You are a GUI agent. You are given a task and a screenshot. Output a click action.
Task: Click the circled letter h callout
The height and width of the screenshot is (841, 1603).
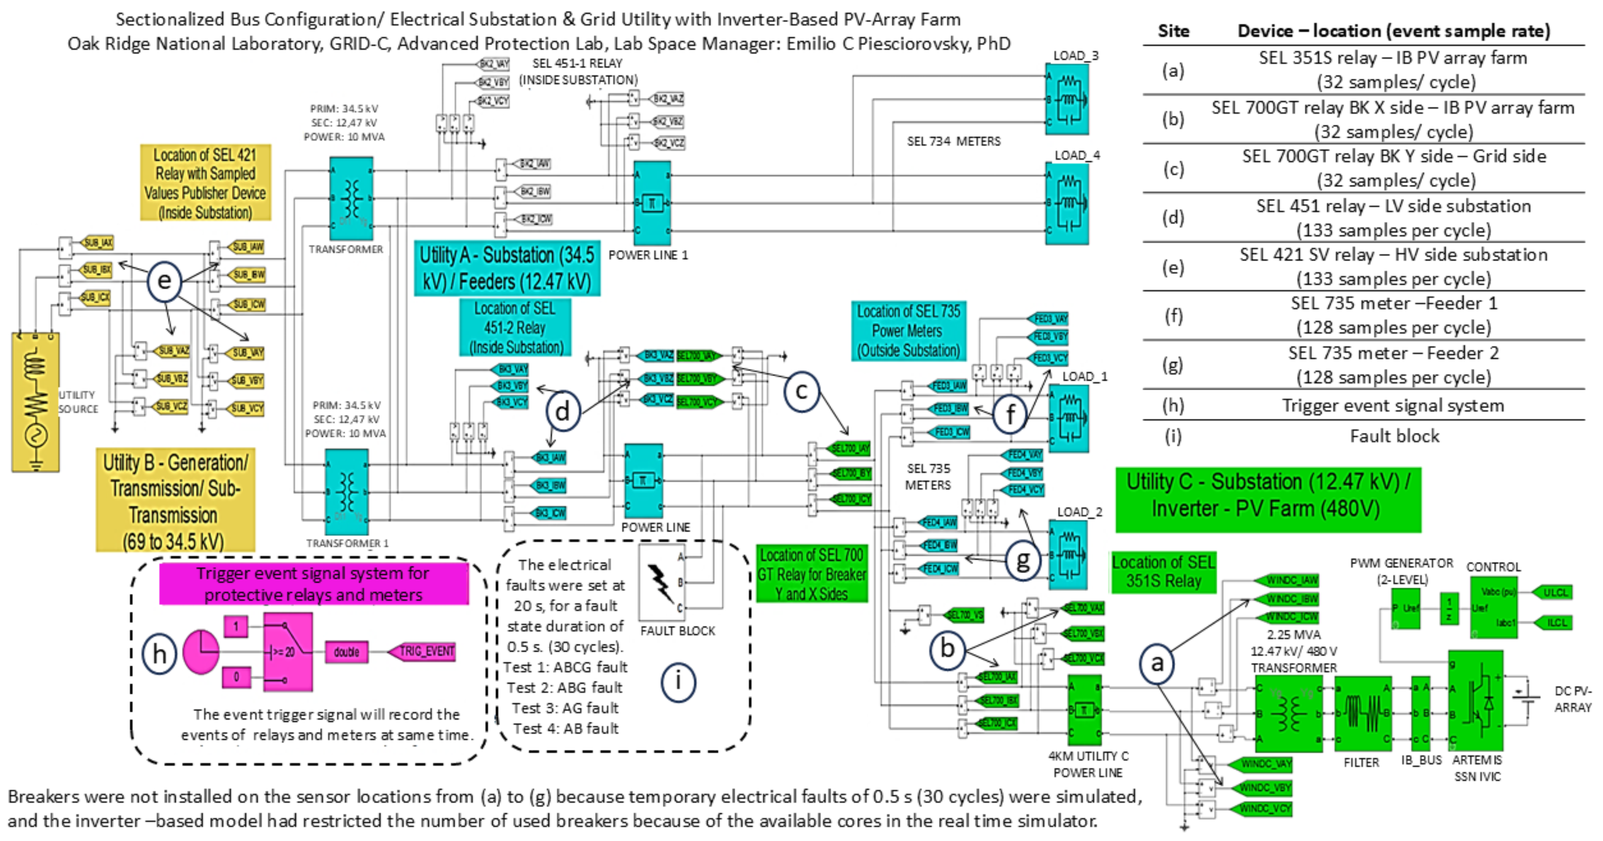tap(159, 654)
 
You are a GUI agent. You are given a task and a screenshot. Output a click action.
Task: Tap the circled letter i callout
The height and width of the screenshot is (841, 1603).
tap(678, 682)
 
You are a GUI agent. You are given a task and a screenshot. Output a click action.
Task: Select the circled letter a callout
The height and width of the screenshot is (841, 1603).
tap(1157, 663)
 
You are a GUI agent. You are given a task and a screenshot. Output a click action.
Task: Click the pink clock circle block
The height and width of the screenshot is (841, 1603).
tap(201, 652)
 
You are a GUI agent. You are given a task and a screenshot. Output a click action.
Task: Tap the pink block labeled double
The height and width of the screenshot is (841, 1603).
tap(346, 652)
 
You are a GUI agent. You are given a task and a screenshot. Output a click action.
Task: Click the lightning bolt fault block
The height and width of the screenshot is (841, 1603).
tap(662, 583)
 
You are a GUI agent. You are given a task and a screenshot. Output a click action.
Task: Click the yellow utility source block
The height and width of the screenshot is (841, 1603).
tap(35, 402)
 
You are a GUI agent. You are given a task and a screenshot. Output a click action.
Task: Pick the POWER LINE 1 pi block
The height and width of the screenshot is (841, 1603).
tap(651, 203)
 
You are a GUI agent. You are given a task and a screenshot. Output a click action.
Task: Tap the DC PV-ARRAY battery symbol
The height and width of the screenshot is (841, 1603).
tap(1527, 700)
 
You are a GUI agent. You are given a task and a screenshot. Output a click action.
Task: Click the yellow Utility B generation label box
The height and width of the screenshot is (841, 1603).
tap(175, 500)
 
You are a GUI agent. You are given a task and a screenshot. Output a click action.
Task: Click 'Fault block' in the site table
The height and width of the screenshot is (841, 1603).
tap(1394, 436)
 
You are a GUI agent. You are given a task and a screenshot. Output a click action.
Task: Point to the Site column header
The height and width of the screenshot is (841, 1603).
tap(1173, 31)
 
